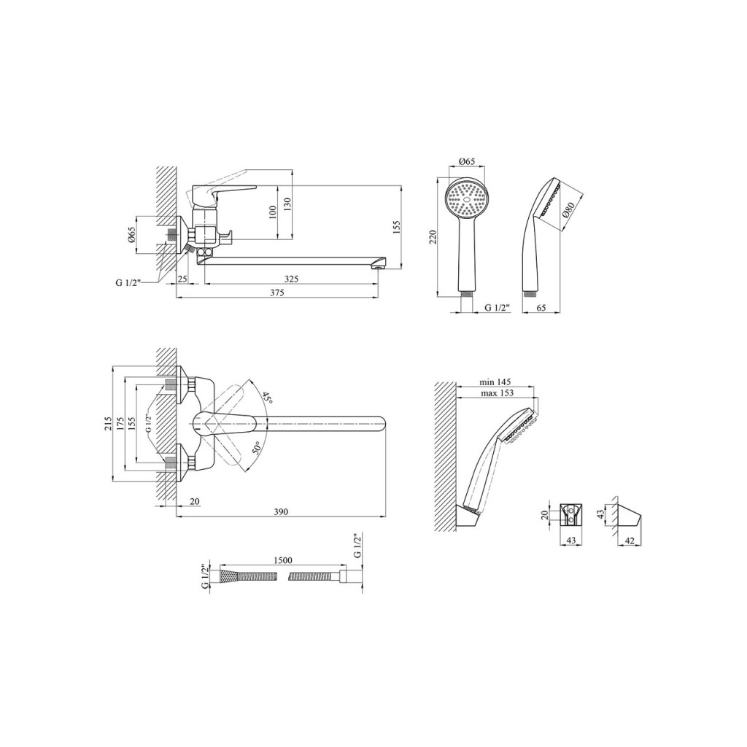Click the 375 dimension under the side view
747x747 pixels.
click(x=276, y=293)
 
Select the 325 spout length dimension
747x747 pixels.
click(x=291, y=279)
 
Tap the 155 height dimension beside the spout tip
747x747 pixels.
click(x=398, y=228)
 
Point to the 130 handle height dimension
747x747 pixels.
click(x=287, y=204)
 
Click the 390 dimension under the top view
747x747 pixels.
click(x=281, y=511)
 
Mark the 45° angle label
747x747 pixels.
click(x=266, y=398)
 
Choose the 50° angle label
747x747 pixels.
click(x=256, y=449)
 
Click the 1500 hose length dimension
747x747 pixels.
click(x=283, y=560)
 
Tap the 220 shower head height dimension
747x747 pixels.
click(x=433, y=237)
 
